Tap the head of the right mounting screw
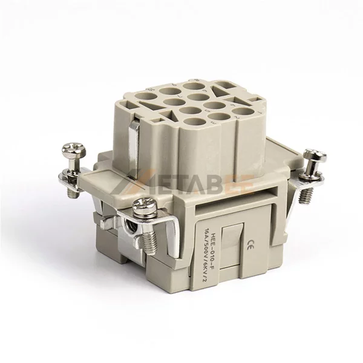(315, 154)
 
